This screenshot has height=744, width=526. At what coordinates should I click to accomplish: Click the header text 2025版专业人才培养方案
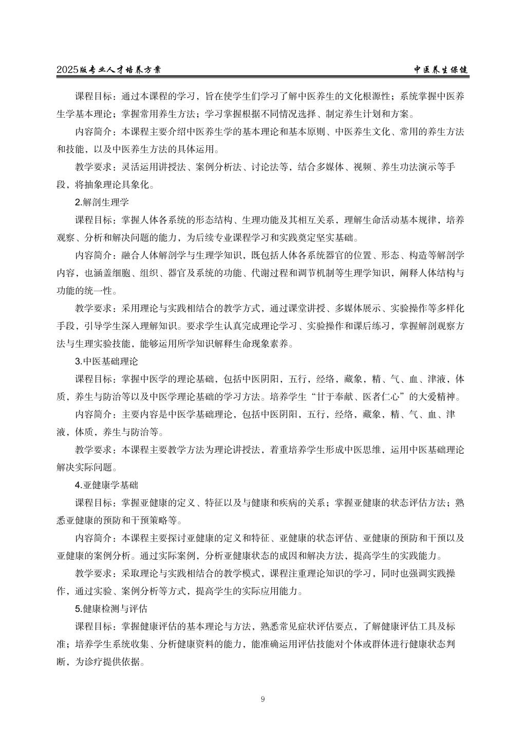click(112, 70)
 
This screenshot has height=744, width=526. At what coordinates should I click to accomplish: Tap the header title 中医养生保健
click(441, 70)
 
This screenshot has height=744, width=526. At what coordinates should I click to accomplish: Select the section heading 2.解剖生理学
click(102, 202)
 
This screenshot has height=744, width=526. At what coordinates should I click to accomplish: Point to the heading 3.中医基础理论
click(106, 361)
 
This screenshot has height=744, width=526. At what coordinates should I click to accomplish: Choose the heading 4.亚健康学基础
click(106, 485)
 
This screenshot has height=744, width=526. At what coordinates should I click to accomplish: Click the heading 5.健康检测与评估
click(111, 609)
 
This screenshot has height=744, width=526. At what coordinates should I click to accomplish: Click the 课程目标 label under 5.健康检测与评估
click(93, 627)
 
